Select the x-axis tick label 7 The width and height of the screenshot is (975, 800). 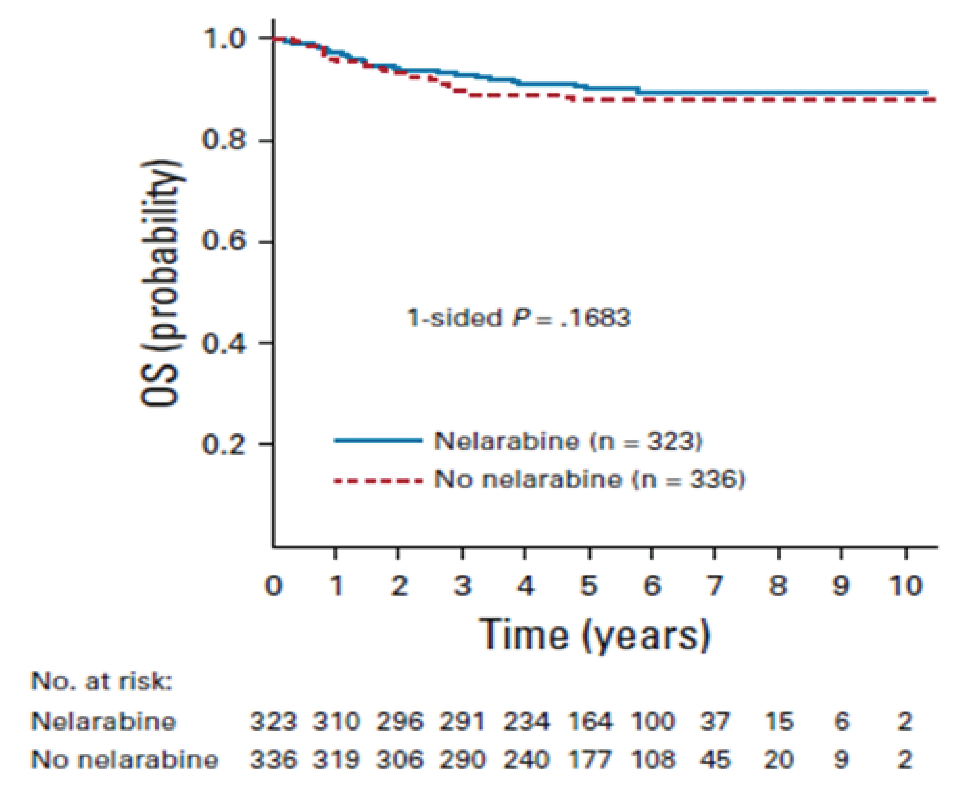click(x=715, y=586)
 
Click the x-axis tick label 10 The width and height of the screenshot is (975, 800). click(x=906, y=586)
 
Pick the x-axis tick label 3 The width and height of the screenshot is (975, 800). click(x=462, y=586)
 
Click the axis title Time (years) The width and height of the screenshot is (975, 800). click(x=595, y=635)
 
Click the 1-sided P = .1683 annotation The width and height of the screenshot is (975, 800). click(x=518, y=318)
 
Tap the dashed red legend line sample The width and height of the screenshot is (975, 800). click(x=378, y=481)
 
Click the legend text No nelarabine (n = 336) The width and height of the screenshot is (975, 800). click(x=590, y=480)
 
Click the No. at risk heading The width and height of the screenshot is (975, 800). click(x=101, y=681)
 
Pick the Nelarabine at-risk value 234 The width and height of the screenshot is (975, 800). click(x=526, y=722)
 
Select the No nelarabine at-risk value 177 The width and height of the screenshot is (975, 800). click(x=590, y=760)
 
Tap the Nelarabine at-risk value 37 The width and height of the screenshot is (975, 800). click(x=715, y=722)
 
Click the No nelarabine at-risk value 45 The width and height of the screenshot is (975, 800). click(x=715, y=760)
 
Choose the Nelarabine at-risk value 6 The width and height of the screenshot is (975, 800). click(x=841, y=722)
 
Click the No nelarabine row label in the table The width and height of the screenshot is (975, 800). click(x=124, y=760)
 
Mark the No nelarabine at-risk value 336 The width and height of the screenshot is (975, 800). click(x=273, y=760)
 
